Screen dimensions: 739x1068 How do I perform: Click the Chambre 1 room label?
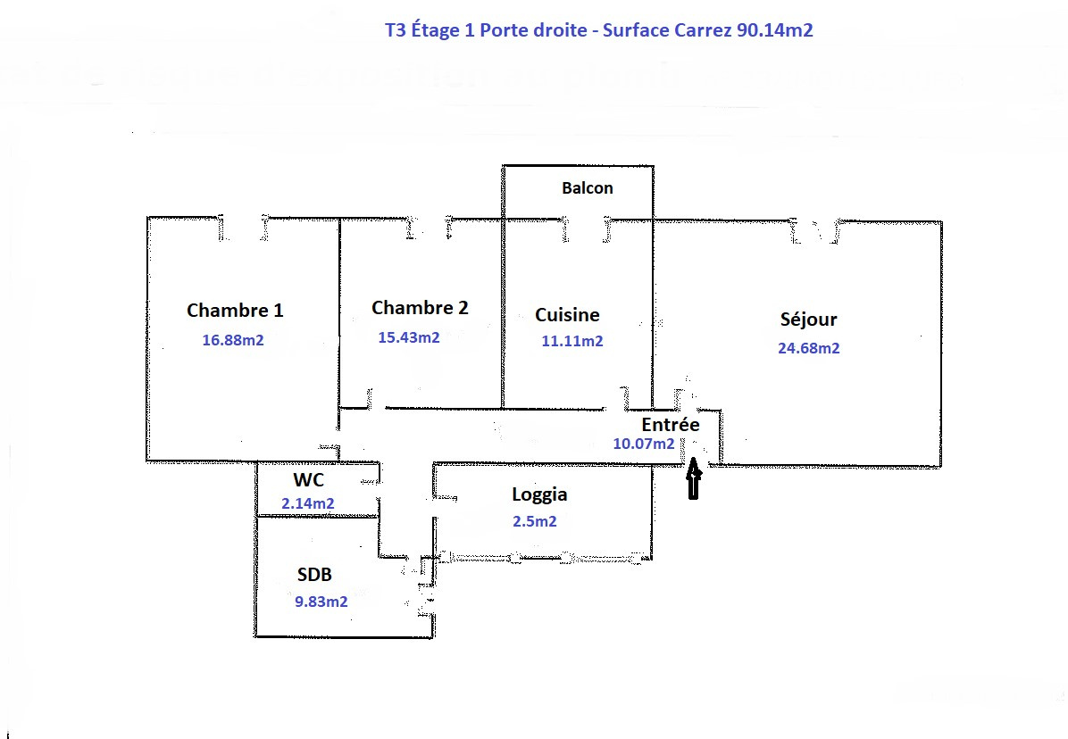[235, 311]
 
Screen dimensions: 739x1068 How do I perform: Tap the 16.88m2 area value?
[233, 340]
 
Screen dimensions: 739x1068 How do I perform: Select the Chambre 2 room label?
[420, 308]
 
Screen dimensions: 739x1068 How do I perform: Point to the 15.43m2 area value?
[409, 337]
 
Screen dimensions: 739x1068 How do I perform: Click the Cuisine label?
[567, 315]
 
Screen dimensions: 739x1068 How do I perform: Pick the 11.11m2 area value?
[572, 341]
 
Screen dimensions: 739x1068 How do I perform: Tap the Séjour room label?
[808, 320]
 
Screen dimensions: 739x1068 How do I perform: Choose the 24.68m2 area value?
[809, 348]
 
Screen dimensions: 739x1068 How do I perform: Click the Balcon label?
[588, 188]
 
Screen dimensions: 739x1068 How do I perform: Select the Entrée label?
[671, 425]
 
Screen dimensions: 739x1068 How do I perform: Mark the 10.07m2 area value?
[644, 444]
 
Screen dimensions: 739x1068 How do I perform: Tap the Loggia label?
[539, 494]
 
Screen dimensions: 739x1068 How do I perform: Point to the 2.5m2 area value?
[534, 521]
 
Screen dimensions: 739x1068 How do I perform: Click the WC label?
[308, 480]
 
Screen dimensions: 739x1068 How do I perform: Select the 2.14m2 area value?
[308, 503]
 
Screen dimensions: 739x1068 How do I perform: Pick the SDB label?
[315, 575]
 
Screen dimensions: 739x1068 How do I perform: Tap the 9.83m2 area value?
[321, 602]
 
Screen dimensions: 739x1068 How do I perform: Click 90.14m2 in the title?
[775, 30]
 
